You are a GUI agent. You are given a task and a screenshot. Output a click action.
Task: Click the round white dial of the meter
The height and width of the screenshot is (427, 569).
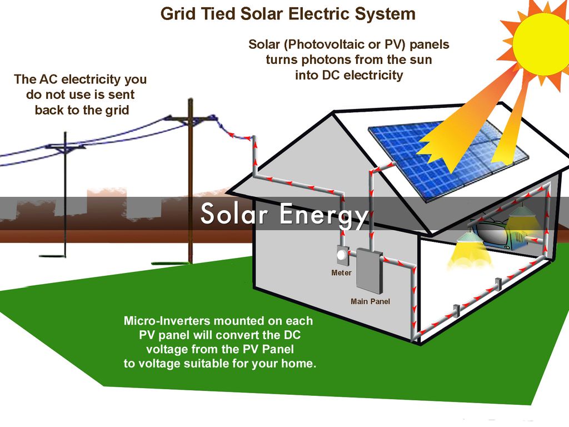[341, 256]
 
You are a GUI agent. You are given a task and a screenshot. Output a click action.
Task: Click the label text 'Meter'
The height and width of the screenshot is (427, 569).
[341, 273]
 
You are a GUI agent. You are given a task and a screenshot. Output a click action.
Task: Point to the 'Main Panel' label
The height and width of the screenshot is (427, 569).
[370, 301]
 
